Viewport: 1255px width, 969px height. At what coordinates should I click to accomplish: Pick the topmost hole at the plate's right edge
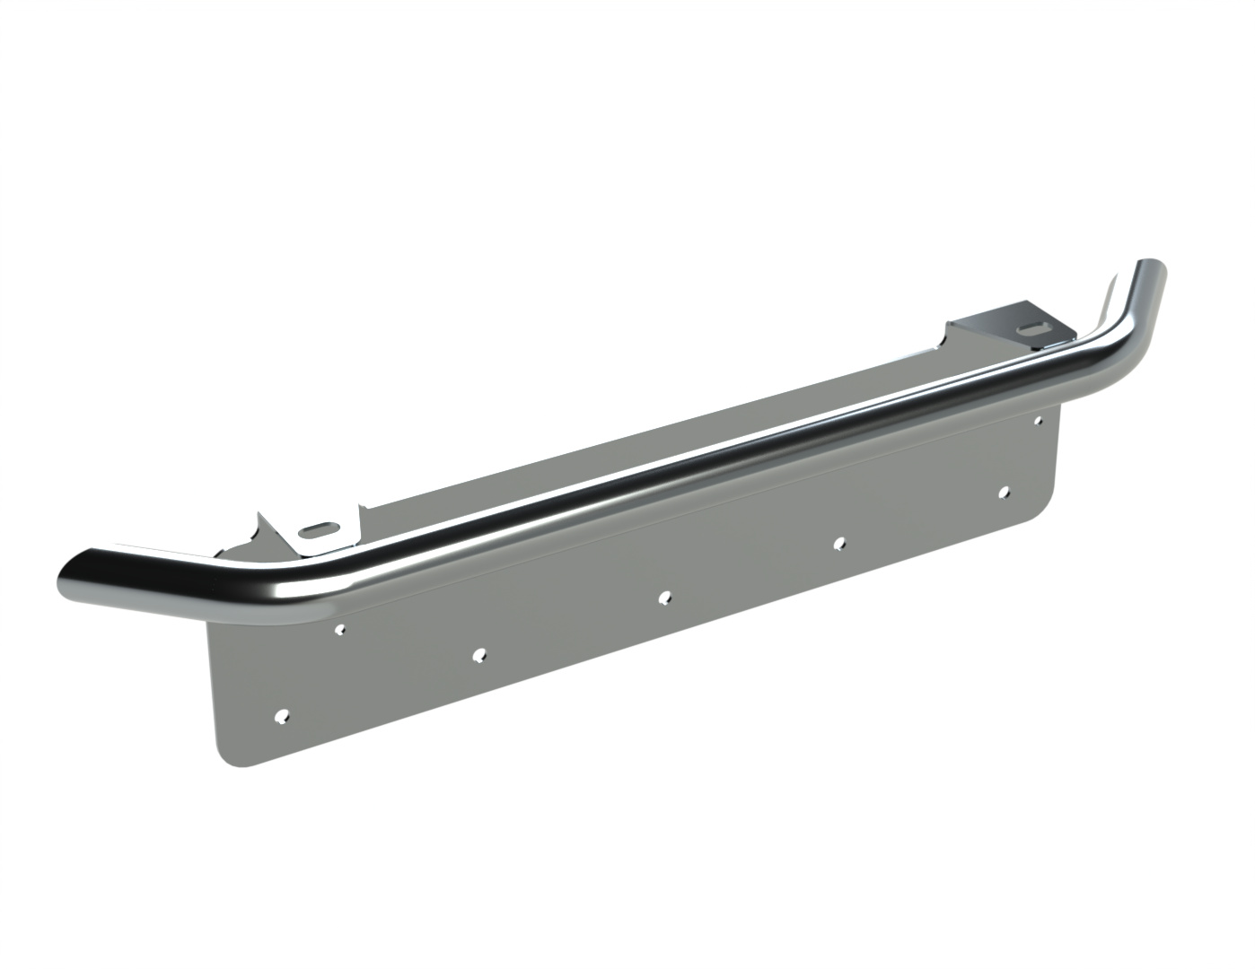(1039, 419)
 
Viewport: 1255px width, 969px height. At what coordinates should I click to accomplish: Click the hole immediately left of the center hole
(479, 654)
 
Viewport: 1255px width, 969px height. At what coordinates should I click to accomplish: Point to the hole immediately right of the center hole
(839, 542)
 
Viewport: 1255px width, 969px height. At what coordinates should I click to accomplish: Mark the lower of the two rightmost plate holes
(1005, 492)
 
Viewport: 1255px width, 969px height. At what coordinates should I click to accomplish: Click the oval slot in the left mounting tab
(320, 528)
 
